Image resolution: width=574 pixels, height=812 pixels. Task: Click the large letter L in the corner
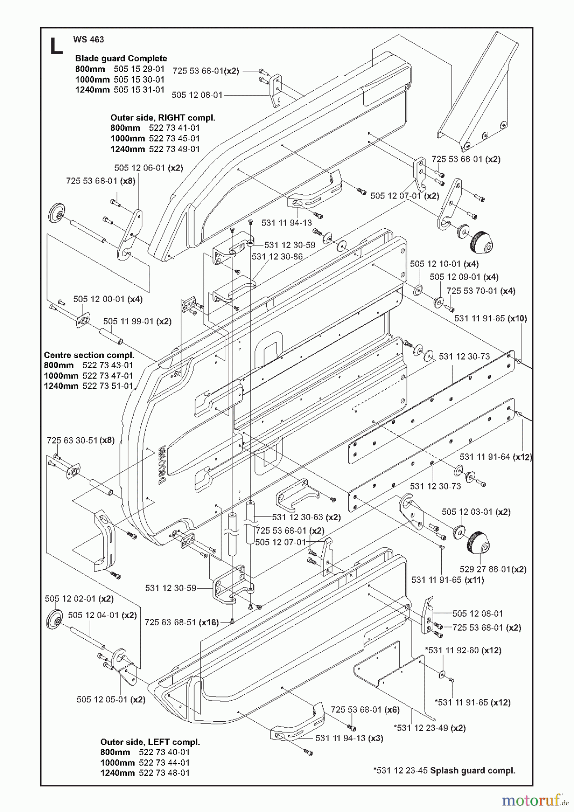(56, 46)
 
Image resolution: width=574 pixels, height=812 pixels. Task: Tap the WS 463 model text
(88, 39)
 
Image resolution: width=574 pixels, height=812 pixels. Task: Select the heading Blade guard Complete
(121, 58)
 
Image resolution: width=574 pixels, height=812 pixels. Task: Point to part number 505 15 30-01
(139, 79)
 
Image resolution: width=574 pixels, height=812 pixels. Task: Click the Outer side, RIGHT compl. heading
(162, 118)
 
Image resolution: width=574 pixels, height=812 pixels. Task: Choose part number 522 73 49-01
(174, 149)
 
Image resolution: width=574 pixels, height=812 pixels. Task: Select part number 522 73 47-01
(108, 376)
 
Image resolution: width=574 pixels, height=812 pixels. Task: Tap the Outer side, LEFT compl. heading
(150, 742)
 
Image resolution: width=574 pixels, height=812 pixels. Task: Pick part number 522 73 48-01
(164, 773)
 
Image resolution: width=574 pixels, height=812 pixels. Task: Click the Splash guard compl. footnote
(444, 770)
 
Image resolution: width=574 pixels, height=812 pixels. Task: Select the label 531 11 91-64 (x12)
(495, 457)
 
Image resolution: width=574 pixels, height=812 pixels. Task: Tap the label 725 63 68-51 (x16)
(181, 623)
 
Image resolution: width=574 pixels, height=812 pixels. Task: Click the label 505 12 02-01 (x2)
(79, 599)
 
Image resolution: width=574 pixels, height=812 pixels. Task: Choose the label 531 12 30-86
(277, 257)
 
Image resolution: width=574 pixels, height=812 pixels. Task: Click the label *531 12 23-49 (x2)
(430, 728)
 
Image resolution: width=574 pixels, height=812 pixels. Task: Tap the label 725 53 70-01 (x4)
(481, 291)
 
